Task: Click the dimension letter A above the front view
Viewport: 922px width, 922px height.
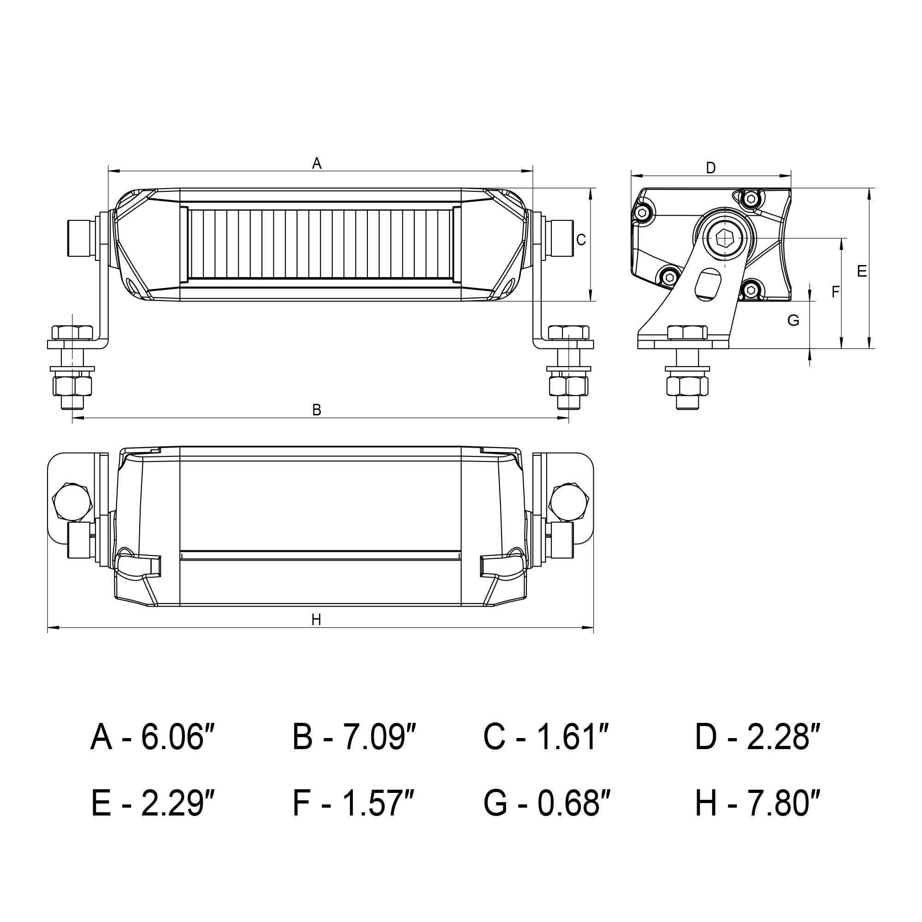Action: coord(317,164)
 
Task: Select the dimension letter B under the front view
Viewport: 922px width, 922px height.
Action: coord(317,409)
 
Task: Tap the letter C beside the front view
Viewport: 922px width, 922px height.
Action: coord(581,240)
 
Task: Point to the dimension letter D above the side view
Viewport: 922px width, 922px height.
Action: coord(711,168)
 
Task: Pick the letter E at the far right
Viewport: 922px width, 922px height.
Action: coord(862,272)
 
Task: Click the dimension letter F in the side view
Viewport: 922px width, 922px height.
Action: coord(835,292)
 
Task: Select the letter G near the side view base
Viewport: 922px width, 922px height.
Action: coord(793,321)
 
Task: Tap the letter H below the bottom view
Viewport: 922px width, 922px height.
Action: coord(316,620)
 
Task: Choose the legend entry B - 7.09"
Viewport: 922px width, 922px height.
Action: coord(355,737)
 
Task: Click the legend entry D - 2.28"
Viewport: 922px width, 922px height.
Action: coord(758,737)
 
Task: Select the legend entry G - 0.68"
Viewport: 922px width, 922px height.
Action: coord(548,804)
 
